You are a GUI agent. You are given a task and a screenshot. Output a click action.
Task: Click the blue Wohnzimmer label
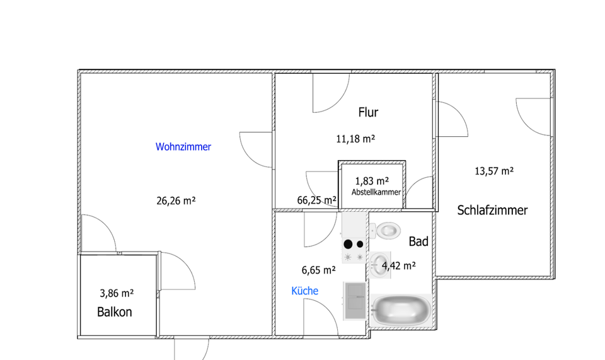click(x=183, y=147)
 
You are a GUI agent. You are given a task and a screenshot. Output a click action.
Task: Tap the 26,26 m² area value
click(x=176, y=201)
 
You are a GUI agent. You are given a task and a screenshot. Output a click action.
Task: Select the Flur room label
click(x=368, y=113)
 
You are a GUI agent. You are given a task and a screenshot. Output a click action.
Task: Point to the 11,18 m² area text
click(x=355, y=139)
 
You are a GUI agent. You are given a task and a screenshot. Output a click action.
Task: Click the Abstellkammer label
click(x=376, y=193)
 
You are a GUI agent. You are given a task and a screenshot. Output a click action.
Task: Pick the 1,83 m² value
click(x=372, y=181)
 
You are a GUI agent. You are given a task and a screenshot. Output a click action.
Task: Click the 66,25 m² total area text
click(x=316, y=200)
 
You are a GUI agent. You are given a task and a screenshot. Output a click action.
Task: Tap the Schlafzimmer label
click(x=492, y=211)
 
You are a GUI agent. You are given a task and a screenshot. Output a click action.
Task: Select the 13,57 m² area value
click(x=494, y=171)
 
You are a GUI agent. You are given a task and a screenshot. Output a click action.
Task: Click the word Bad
click(x=418, y=241)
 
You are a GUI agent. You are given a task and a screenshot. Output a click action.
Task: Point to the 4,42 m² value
click(x=399, y=266)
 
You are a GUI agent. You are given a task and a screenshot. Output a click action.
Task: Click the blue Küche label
click(x=304, y=291)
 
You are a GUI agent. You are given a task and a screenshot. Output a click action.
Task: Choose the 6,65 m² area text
click(x=318, y=270)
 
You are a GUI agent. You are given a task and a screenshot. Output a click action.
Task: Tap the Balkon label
click(x=115, y=311)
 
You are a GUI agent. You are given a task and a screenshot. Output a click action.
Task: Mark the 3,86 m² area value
click(x=117, y=293)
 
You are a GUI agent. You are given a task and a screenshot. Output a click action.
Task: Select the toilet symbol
click(x=386, y=230)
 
